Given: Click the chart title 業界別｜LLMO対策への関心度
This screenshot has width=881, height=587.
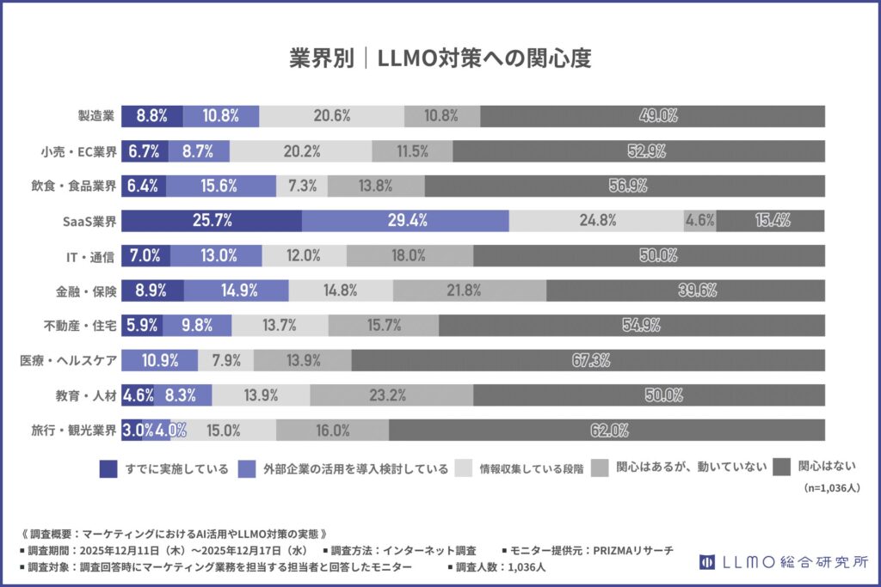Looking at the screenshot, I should (x=440, y=58).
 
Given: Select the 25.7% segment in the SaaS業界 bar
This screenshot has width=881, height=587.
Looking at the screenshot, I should (x=212, y=220).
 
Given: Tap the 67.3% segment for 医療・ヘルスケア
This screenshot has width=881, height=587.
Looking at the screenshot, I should (x=588, y=360).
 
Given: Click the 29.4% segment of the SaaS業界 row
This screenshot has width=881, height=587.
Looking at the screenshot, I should (x=406, y=220).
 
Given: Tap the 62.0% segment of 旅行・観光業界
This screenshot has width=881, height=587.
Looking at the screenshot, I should (x=607, y=430).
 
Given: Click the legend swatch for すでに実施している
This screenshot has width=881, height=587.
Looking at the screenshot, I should (x=108, y=468).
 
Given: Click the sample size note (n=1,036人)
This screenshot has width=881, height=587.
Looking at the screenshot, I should (x=831, y=487).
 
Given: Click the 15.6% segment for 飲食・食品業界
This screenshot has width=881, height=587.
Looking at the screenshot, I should (x=221, y=185).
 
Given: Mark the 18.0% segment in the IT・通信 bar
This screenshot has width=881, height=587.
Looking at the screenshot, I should (x=410, y=255).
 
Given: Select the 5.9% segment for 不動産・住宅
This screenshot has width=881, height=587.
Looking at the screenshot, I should (x=141, y=325).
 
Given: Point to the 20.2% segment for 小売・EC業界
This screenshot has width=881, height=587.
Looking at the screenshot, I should (x=301, y=150).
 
